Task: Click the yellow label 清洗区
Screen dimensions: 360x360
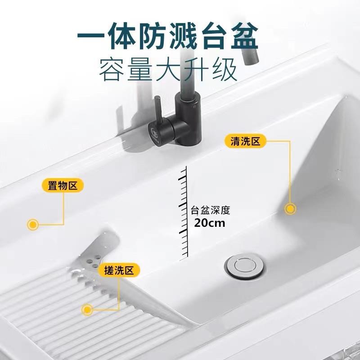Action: point(245,141)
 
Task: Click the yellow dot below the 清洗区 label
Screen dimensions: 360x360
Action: point(290,208)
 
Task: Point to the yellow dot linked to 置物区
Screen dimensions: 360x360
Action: point(32,224)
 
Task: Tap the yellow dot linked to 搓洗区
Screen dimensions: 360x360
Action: point(88,309)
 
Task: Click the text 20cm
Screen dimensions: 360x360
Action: point(210,222)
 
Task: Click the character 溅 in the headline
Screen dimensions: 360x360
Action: point(184,36)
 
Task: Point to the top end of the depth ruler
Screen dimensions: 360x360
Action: point(184,167)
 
